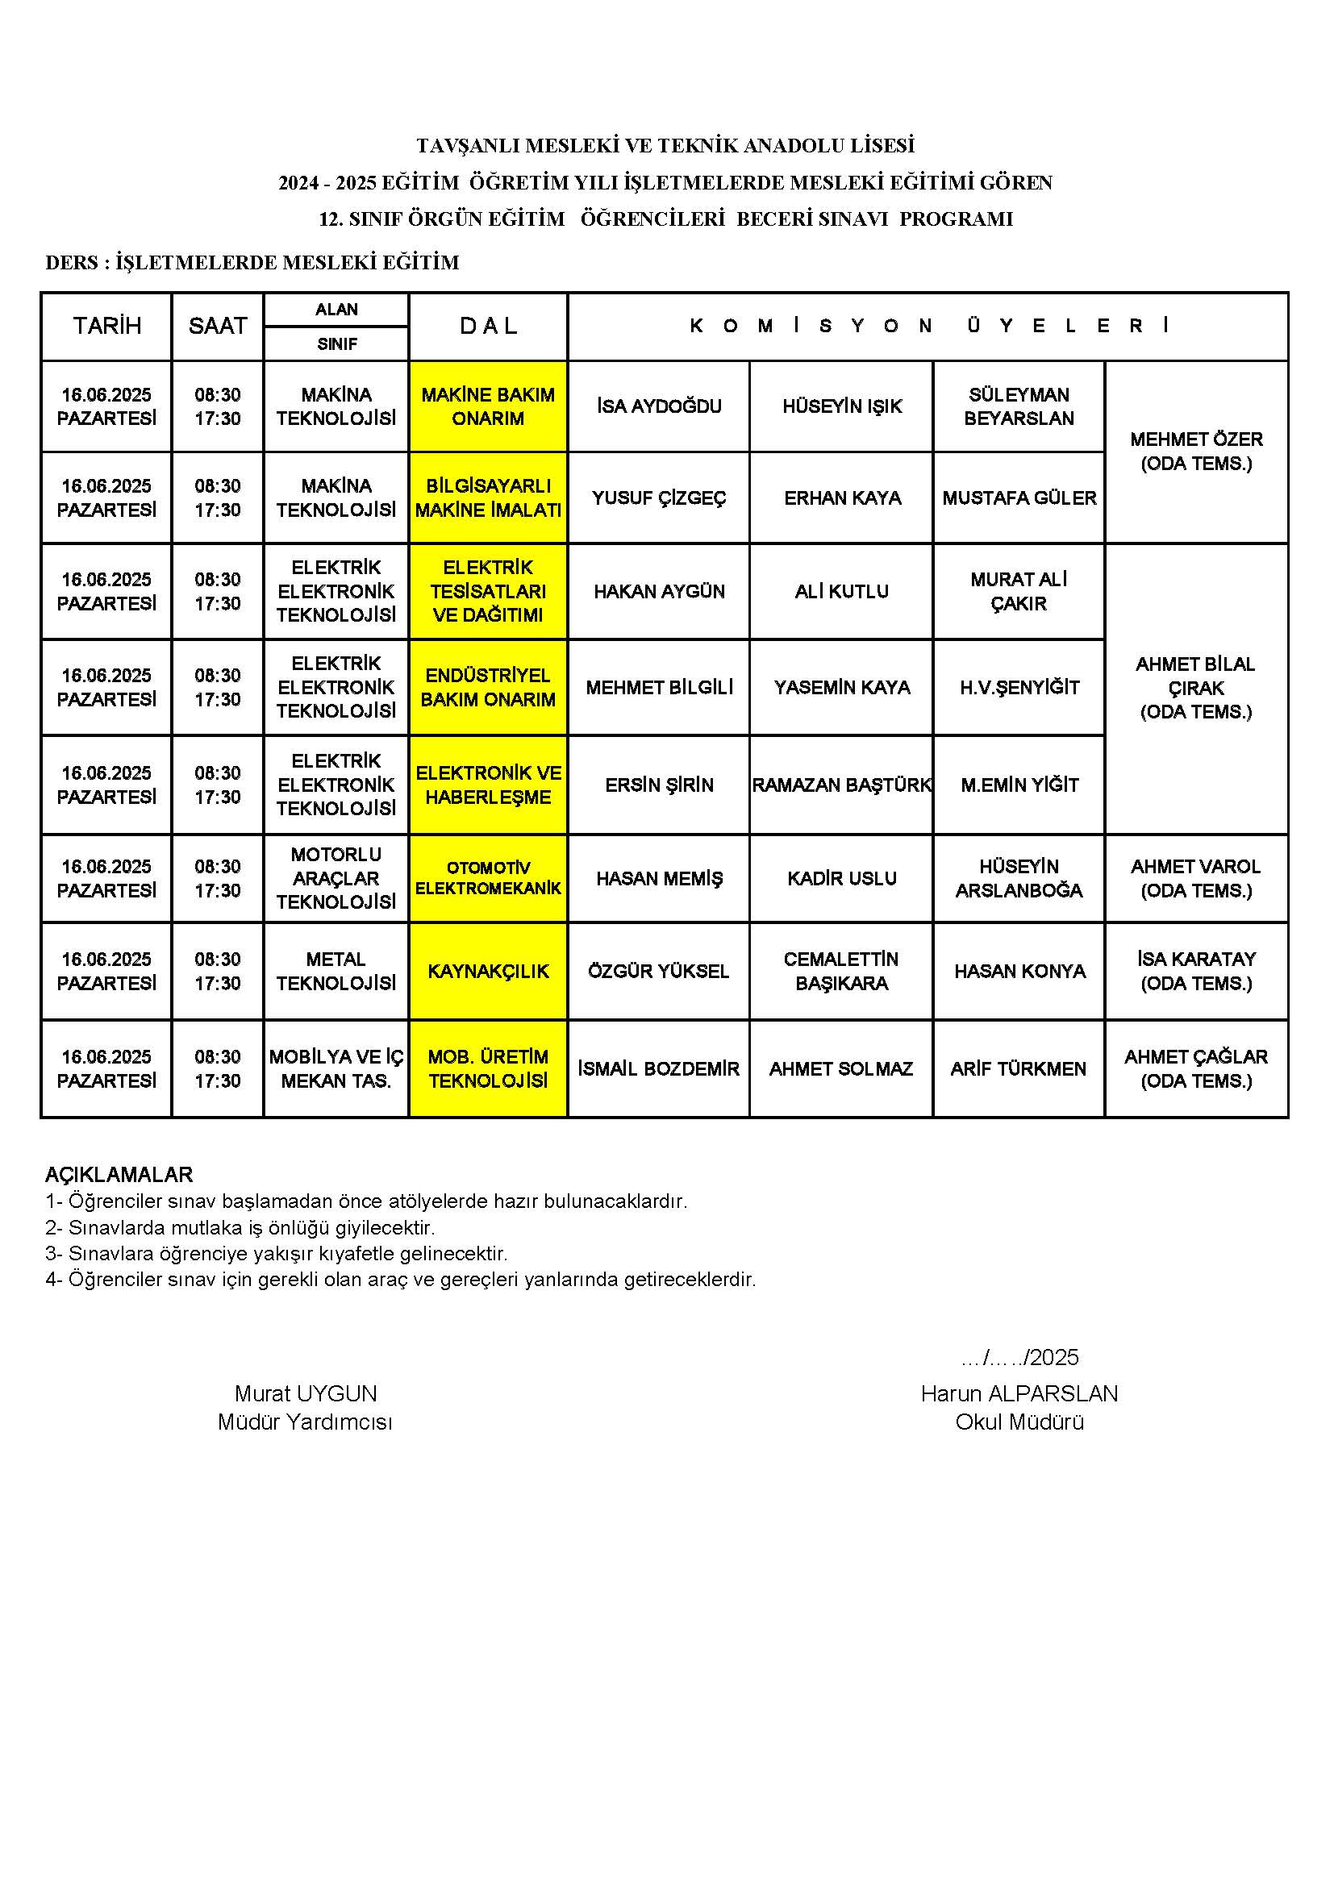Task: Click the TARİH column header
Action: (x=106, y=326)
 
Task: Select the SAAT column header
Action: (x=218, y=326)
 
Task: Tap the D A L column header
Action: (x=488, y=326)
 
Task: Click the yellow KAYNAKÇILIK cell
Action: (x=488, y=971)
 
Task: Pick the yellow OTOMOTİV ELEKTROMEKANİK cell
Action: (x=488, y=878)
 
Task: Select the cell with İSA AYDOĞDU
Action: (x=659, y=406)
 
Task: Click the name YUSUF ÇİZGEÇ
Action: (x=659, y=498)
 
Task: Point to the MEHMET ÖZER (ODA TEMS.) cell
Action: (x=1196, y=451)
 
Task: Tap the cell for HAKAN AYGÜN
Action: (x=659, y=591)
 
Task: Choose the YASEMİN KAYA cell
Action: (x=841, y=688)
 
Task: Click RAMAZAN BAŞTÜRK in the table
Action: (x=841, y=785)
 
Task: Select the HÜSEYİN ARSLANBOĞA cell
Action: (x=1019, y=878)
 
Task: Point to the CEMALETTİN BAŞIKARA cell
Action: (x=841, y=971)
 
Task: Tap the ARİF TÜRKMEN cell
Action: (x=1019, y=1068)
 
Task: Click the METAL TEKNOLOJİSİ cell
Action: (x=336, y=971)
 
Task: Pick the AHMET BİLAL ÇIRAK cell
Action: (x=1196, y=688)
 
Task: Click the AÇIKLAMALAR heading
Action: (x=119, y=1174)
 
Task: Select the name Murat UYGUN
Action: (x=306, y=1393)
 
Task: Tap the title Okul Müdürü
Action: (x=1019, y=1422)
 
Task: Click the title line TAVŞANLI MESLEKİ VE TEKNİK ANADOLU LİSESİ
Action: (x=665, y=145)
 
